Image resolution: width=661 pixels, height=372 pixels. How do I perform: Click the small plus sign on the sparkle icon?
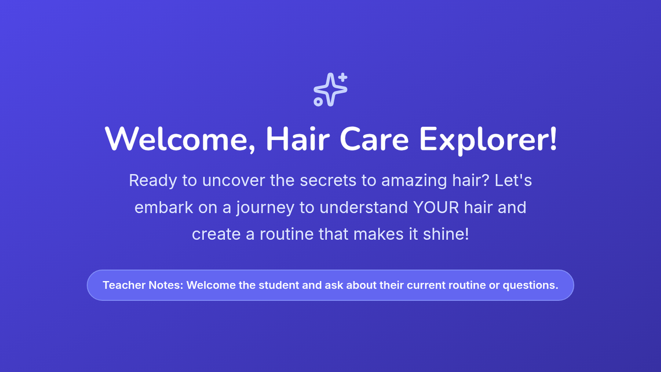(x=343, y=77)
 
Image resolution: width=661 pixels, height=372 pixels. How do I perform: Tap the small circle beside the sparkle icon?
(x=318, y=102)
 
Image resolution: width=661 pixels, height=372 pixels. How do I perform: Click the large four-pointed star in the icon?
(x=330, y=89)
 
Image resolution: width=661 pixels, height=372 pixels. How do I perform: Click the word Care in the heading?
(x=374, y=139)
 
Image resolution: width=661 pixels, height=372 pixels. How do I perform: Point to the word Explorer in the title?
(x=484, y=141)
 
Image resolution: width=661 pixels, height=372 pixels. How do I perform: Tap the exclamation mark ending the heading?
(x=553, y=139)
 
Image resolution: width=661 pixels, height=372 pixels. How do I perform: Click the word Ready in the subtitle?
(x=153, y=180)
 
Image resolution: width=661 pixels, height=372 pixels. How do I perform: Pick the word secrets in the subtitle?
(x=328, y=180)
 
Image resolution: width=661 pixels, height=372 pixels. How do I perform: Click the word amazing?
(x=414, y=181)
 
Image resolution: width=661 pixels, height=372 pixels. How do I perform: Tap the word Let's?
(x=513, y=180)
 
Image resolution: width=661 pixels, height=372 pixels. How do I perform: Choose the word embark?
(x=164, y=207)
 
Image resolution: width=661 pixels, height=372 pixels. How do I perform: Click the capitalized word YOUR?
(x=436, y=207)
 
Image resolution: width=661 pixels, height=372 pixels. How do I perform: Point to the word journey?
(x=266, y=208)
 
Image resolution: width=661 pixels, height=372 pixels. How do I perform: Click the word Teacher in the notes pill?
(x=124, y=285)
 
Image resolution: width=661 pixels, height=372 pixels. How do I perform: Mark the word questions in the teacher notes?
(x=530, y=286)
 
